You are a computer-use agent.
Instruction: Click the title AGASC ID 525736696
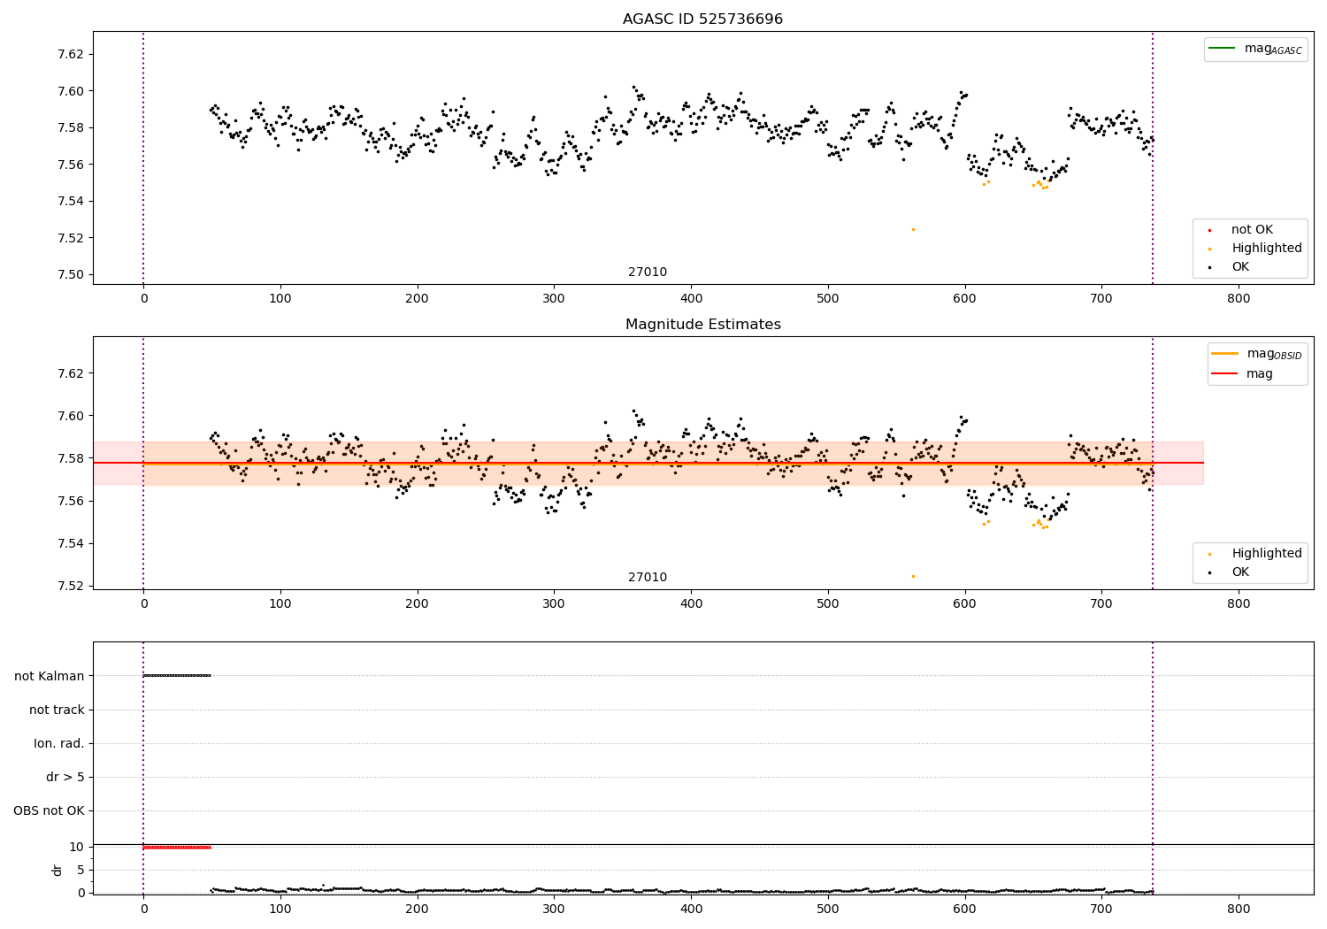pos(702,19)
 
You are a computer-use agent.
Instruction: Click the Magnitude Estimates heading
pos(702,325)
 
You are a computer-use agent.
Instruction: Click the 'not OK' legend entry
pos(1251,230)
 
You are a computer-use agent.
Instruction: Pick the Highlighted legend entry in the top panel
pos(1266,249)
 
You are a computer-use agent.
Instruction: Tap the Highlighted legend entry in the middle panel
pos(1266,554)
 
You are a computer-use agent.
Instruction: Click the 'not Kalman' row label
pos(50,676)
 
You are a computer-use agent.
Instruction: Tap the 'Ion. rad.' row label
pos(59,743)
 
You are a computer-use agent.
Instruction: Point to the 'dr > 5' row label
pos(65,777)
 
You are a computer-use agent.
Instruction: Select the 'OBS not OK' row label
pos(50,810)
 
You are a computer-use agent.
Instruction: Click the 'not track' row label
pos(57,710)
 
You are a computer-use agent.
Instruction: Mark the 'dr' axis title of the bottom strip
pos(58,870)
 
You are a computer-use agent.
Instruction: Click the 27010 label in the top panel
pos(648,273)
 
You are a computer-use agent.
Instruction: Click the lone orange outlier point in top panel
pos(913,229)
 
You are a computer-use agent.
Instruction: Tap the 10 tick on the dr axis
pos(76,847)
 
